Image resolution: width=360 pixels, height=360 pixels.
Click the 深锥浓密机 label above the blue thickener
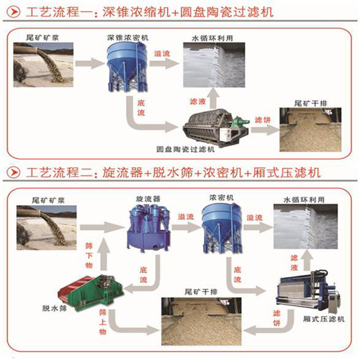(128, 37)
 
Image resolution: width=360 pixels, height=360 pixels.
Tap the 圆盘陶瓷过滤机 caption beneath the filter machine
(186, 149)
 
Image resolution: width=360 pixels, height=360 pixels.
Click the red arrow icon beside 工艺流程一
(14, 12)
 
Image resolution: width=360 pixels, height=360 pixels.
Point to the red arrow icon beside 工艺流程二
(14, 172)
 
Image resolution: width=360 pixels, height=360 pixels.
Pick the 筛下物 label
(89, 256)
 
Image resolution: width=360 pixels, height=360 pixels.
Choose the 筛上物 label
(103, 322)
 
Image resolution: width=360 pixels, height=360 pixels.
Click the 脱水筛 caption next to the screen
(55, 309)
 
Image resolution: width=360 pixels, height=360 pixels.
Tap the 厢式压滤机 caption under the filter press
(324, 319)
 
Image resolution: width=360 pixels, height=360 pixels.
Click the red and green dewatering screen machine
(91, 292)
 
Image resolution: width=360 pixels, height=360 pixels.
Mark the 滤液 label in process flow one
(197, 102)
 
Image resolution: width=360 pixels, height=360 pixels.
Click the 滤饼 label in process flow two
(276, 318)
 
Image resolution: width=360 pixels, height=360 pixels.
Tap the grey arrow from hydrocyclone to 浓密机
(186, 228)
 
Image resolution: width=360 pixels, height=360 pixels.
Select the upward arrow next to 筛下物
(104, 254)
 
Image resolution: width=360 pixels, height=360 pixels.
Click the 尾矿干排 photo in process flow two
(201, 321)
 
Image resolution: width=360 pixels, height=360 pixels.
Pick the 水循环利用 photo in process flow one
(214, 65)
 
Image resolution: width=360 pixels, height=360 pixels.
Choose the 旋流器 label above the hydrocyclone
(148, 199)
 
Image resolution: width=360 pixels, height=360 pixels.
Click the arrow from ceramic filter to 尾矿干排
(265, 130)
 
